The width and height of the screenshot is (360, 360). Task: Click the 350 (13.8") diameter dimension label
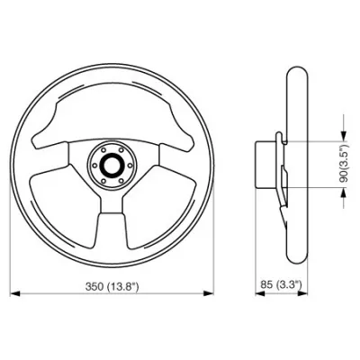coord(112,287)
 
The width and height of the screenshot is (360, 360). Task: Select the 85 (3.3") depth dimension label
coord(281,284)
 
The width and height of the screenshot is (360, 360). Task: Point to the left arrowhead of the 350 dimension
coord(15,293)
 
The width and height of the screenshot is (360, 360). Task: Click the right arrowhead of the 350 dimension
coord(209,293)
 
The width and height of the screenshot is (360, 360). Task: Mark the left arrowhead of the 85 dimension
coord(260,293)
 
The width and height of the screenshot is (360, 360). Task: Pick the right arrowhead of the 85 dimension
coord(303,293)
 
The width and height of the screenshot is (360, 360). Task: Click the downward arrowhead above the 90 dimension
coord(344,136)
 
